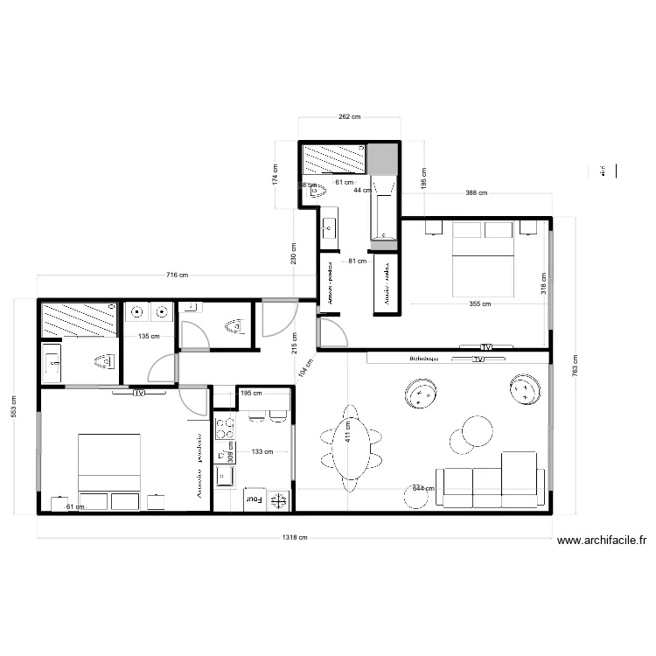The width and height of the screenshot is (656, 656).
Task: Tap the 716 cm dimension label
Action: (178, 276)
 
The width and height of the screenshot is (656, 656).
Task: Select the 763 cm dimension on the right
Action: (575, 365)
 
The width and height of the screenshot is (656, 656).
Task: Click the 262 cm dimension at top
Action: (350, 117)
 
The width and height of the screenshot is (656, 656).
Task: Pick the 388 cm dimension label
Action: (477, 193)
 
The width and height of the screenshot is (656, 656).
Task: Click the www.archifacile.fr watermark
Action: (599, 541)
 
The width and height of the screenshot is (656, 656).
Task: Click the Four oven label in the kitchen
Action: (254, 499)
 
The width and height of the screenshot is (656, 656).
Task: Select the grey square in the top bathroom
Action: (381, 158)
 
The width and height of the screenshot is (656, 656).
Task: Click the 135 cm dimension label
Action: (149, 335)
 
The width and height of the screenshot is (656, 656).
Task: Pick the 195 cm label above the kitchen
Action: (251, 394)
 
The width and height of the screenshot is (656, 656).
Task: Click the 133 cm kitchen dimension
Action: (262, 452)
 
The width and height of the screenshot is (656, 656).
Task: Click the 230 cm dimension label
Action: (294, 253)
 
